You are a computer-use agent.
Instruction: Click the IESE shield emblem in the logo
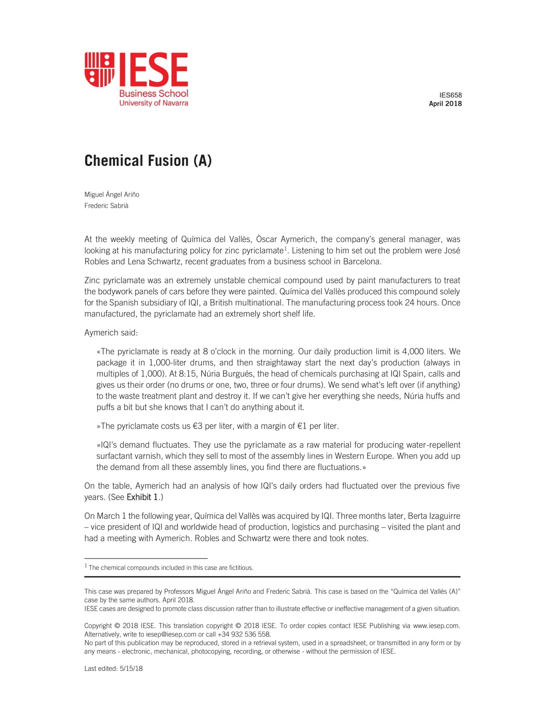[99, 69]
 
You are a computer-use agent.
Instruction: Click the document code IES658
[450, 95]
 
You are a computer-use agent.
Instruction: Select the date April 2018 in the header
[445, 103]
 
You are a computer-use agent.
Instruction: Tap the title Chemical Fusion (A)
[148, 161]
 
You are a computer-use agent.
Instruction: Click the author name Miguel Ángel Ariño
[112, 194]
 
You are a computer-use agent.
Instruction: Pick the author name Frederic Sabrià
[106, 206]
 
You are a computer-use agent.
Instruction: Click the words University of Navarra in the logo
[153, 103]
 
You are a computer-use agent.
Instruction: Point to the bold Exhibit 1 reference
[142, 497]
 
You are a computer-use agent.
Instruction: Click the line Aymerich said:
[111, 332]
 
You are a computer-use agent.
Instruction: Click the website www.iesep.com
[436, 626]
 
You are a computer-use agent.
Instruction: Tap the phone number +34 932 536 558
[244, 634]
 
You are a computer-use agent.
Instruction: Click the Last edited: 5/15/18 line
[113, 669]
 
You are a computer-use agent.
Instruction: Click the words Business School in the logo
[153, 93]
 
